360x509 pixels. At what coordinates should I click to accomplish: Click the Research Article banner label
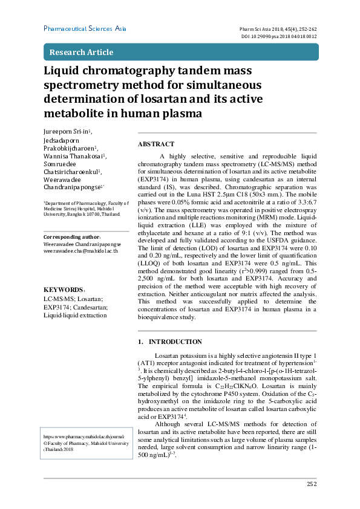tap(81, 52)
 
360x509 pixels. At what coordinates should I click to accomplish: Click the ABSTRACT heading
tap(156, 144)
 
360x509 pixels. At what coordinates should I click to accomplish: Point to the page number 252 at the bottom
tap(312, 484)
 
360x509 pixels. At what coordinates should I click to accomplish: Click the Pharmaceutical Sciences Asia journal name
tap(85, 28)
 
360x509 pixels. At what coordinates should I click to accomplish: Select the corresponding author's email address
tap(80, 250)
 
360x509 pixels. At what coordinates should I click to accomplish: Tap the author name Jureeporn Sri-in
tap(67, 131)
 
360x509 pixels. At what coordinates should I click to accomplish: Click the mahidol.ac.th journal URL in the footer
tap(83, 435)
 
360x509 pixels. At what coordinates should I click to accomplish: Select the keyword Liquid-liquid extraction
tap(75, 316)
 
